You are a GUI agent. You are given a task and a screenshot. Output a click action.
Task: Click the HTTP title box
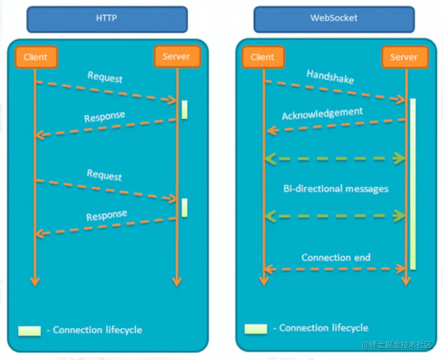coord(107,19)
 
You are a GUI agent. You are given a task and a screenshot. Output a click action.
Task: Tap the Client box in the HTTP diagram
coord(36,57)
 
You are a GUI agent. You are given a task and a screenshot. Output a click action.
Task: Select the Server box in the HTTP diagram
coord(177,57)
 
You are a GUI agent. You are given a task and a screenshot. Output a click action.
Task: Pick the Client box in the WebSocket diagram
coord(263,57)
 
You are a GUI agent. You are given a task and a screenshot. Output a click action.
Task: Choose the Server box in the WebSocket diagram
coord(403,57)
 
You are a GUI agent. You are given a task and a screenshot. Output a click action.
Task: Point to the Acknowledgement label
coord(322,113)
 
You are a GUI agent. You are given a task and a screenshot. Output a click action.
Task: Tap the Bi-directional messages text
coord(336,189)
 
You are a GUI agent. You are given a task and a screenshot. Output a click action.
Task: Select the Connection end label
coord(336,258)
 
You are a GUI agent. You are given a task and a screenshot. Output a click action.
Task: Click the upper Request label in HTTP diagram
coord(105,77)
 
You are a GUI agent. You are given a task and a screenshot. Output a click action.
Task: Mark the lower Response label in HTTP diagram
coord(107,215)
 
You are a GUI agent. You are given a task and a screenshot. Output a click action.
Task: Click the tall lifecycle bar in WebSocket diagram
coord(413,183)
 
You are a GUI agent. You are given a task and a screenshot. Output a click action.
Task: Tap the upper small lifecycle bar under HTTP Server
coord(185,109)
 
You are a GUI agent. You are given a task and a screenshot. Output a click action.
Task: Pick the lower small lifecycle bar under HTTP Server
coord(185,207)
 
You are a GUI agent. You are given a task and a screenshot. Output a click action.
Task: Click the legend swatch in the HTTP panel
coord(29,330)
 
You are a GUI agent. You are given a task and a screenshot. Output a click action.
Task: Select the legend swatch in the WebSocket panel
coord(256,329)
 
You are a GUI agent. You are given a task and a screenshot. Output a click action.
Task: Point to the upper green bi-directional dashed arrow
coord(335,159)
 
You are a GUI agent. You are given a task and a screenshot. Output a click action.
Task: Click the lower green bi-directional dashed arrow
coord(335,215)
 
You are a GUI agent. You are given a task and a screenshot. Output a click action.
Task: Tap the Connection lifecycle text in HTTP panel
coord(98,330)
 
